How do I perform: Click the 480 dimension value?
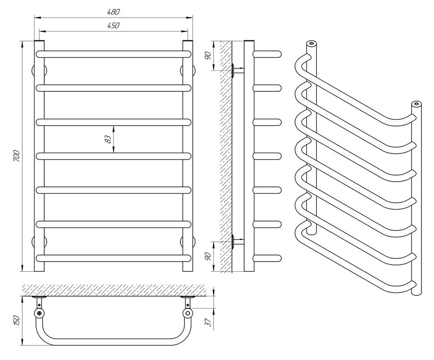pyautogui.click(x=113, y=11)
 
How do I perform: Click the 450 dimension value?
pyautogui.click(x=113, y=25)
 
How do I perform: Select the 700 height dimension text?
pyautogui.click(x=16, y=156)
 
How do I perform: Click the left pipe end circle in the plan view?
pyautogui.click(x=39, y=313)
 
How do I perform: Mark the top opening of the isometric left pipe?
pyautogui.click(x=311, y=43)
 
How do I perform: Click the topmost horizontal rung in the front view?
pyautogui.click(x=113, y=54)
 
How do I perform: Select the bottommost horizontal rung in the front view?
pyautogui.click(x=113, y=257)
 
